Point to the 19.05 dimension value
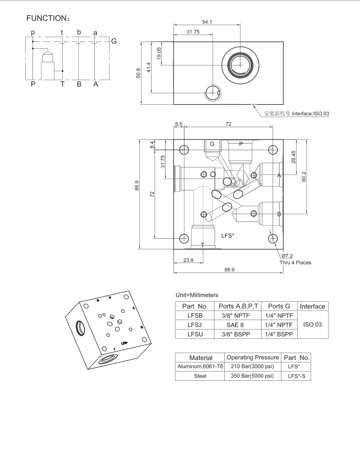pyautogui.click(x=158, y=53)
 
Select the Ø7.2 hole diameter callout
pyautogui.click(x=286, y=256)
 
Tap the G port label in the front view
pyautogui.click(x=212, y=144)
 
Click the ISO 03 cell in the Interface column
pyautogui.click(x=312, y=324)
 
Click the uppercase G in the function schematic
pyautogui.click(x=114, y=41)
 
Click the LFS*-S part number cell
pyautogui.click(x=297, y=376)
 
